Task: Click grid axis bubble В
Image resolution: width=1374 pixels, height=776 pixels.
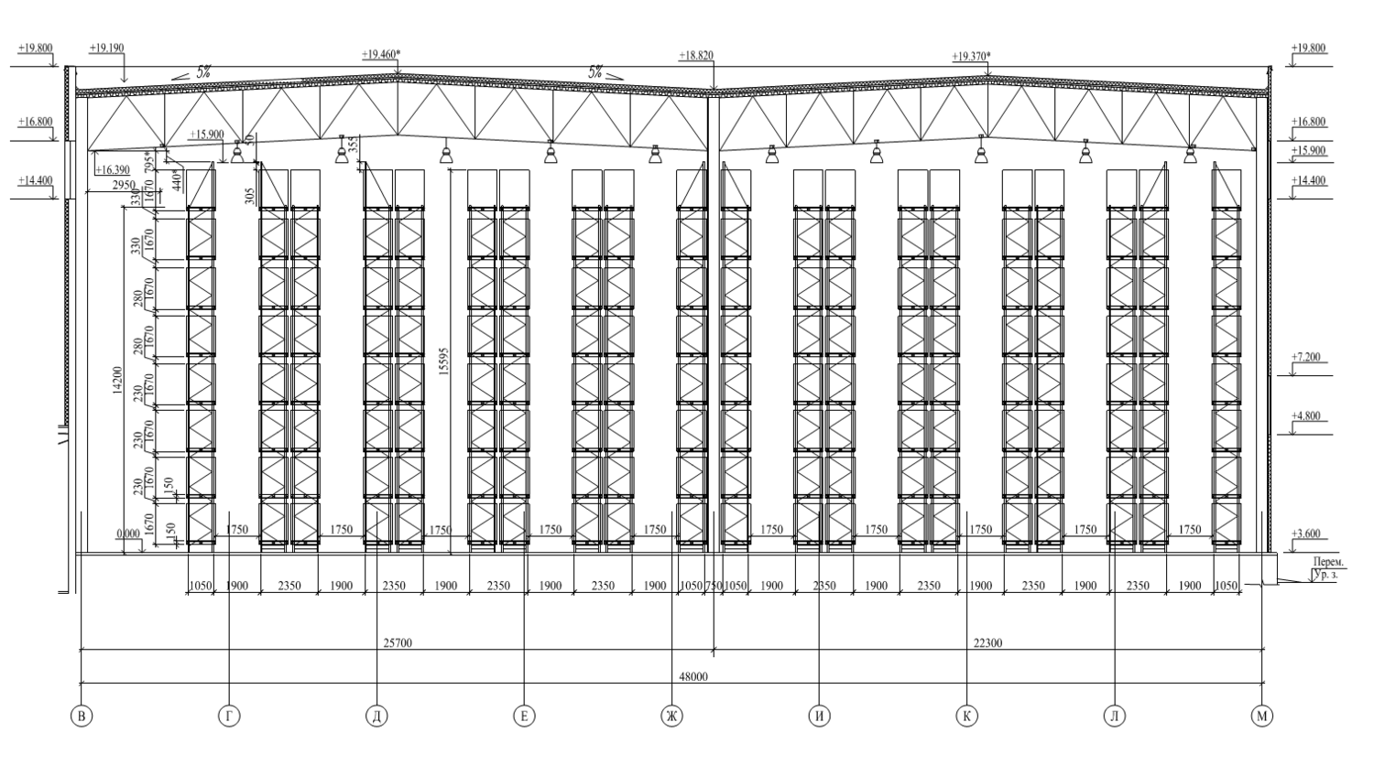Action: [x=82, y=717]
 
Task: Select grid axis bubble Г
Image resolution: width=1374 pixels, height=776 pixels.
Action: [x=229, y=717]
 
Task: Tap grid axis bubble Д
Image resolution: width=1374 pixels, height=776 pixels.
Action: [x=376, y=717]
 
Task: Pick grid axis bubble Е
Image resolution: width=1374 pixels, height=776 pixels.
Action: [x=524, y=717]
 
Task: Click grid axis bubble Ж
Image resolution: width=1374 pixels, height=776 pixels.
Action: [x=671, y=717]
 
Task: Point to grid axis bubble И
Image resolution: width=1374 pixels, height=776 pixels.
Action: [x=819, y=717]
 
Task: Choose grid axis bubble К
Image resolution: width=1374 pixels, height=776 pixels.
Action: [x=966, y=717]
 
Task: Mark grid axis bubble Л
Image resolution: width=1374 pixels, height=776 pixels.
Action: [x=1114, y=717]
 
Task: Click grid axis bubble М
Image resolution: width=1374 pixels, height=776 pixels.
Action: [x=1261, y=717]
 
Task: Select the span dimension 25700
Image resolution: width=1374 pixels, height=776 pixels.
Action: [x=398, y=643]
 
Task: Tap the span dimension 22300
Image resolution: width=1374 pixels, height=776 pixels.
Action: [x=987, y=643]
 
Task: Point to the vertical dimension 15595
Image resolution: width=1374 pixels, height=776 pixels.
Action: [x=444, y=361]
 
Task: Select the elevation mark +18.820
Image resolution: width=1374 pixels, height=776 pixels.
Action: [x=696, y=56]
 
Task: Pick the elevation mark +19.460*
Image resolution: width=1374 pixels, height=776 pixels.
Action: [x=381, y=55]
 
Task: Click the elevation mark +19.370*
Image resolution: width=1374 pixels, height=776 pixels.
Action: [x=971, y=56]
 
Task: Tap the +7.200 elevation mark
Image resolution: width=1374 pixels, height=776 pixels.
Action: [x=1306, y=357]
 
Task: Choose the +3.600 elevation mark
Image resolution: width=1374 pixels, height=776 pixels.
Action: [x=1306, y=533]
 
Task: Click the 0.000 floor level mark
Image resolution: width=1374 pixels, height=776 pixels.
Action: [x=129, y=533]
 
